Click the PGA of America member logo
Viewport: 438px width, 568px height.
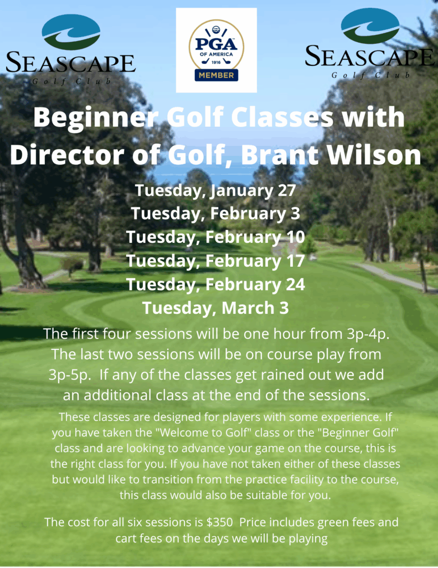click(x=217, y=50)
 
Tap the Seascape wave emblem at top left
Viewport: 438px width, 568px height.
click(x=71, y=32)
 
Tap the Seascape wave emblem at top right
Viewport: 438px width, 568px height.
click(x=370, y=26)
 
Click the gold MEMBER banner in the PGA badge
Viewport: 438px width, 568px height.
click(x=217, y=75)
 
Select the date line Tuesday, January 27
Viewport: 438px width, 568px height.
click(x=215, y=191)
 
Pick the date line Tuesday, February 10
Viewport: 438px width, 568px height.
click(x=215, y=237)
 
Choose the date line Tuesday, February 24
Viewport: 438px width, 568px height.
click(x=215, y=285)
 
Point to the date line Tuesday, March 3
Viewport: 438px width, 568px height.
click(x=215, y=308)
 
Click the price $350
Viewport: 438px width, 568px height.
click(x=219, y=523)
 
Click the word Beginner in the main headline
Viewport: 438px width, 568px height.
click(x=96, y=118)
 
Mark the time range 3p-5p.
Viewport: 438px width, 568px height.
click(x=70, y=375)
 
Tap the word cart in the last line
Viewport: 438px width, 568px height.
click(x=127, y=538)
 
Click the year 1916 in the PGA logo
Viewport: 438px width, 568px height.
click(x=216, y=62)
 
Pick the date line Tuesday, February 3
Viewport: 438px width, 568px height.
click(x=215, y=214)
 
